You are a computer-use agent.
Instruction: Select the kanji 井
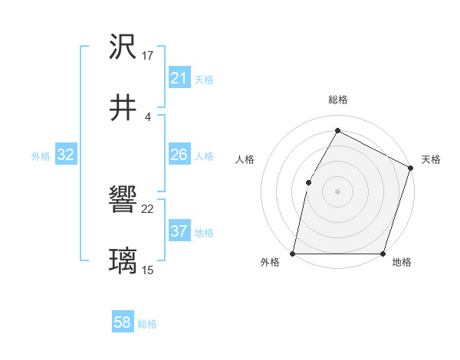point(123,108)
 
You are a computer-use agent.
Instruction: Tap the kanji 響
point(123,201)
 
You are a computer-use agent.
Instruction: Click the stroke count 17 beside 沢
point(148,56)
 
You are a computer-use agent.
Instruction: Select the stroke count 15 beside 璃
point(148,270)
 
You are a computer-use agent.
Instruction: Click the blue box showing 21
point(179,77)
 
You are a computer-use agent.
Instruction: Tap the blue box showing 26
point(179,155)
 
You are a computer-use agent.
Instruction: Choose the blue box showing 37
point(179,231)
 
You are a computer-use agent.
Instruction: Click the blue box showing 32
point(66,155)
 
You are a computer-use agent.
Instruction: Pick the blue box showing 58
point(123,323)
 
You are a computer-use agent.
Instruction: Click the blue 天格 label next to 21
point(204,78)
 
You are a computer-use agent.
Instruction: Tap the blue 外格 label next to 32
point(41,155)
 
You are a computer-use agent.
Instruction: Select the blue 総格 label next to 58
point(147,324)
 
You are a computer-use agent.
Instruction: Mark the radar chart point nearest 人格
point(308,182)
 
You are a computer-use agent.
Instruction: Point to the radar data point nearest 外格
point(293,254)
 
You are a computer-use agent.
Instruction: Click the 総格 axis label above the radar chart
point(337,100)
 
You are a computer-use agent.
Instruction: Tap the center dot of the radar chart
point(337,191)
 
